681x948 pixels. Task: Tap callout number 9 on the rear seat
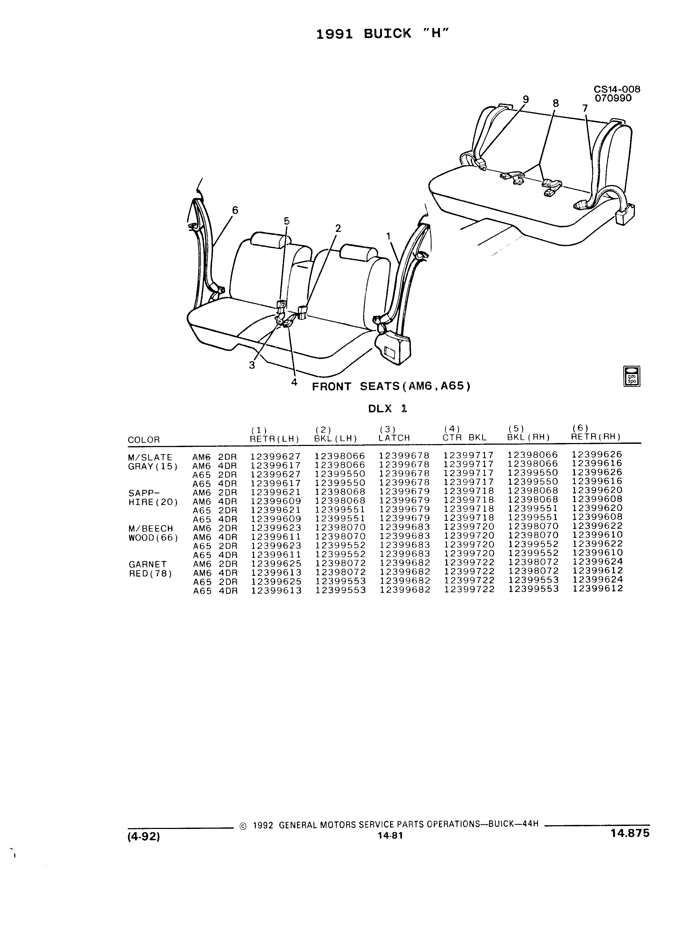(526, 99)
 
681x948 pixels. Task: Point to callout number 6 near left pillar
(235, 210)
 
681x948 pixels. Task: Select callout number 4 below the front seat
(294, 382)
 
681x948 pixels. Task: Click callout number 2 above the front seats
(338, 228)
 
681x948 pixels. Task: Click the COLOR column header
(144, 440)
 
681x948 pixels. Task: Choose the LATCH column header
(394, 438)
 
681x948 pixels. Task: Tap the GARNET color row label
(148, 564)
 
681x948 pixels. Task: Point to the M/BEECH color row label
(151, 529)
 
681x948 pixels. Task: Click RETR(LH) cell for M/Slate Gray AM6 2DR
(276, 456)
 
